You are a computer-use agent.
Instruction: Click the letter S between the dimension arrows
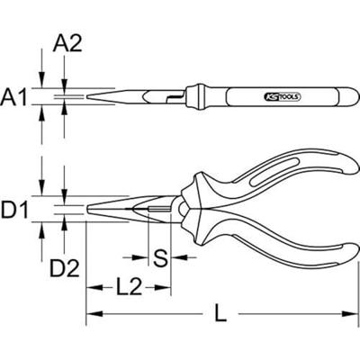pos(159,259)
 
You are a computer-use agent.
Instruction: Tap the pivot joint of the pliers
pos(184,209)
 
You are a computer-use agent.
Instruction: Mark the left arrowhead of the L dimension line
pos(91,315)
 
